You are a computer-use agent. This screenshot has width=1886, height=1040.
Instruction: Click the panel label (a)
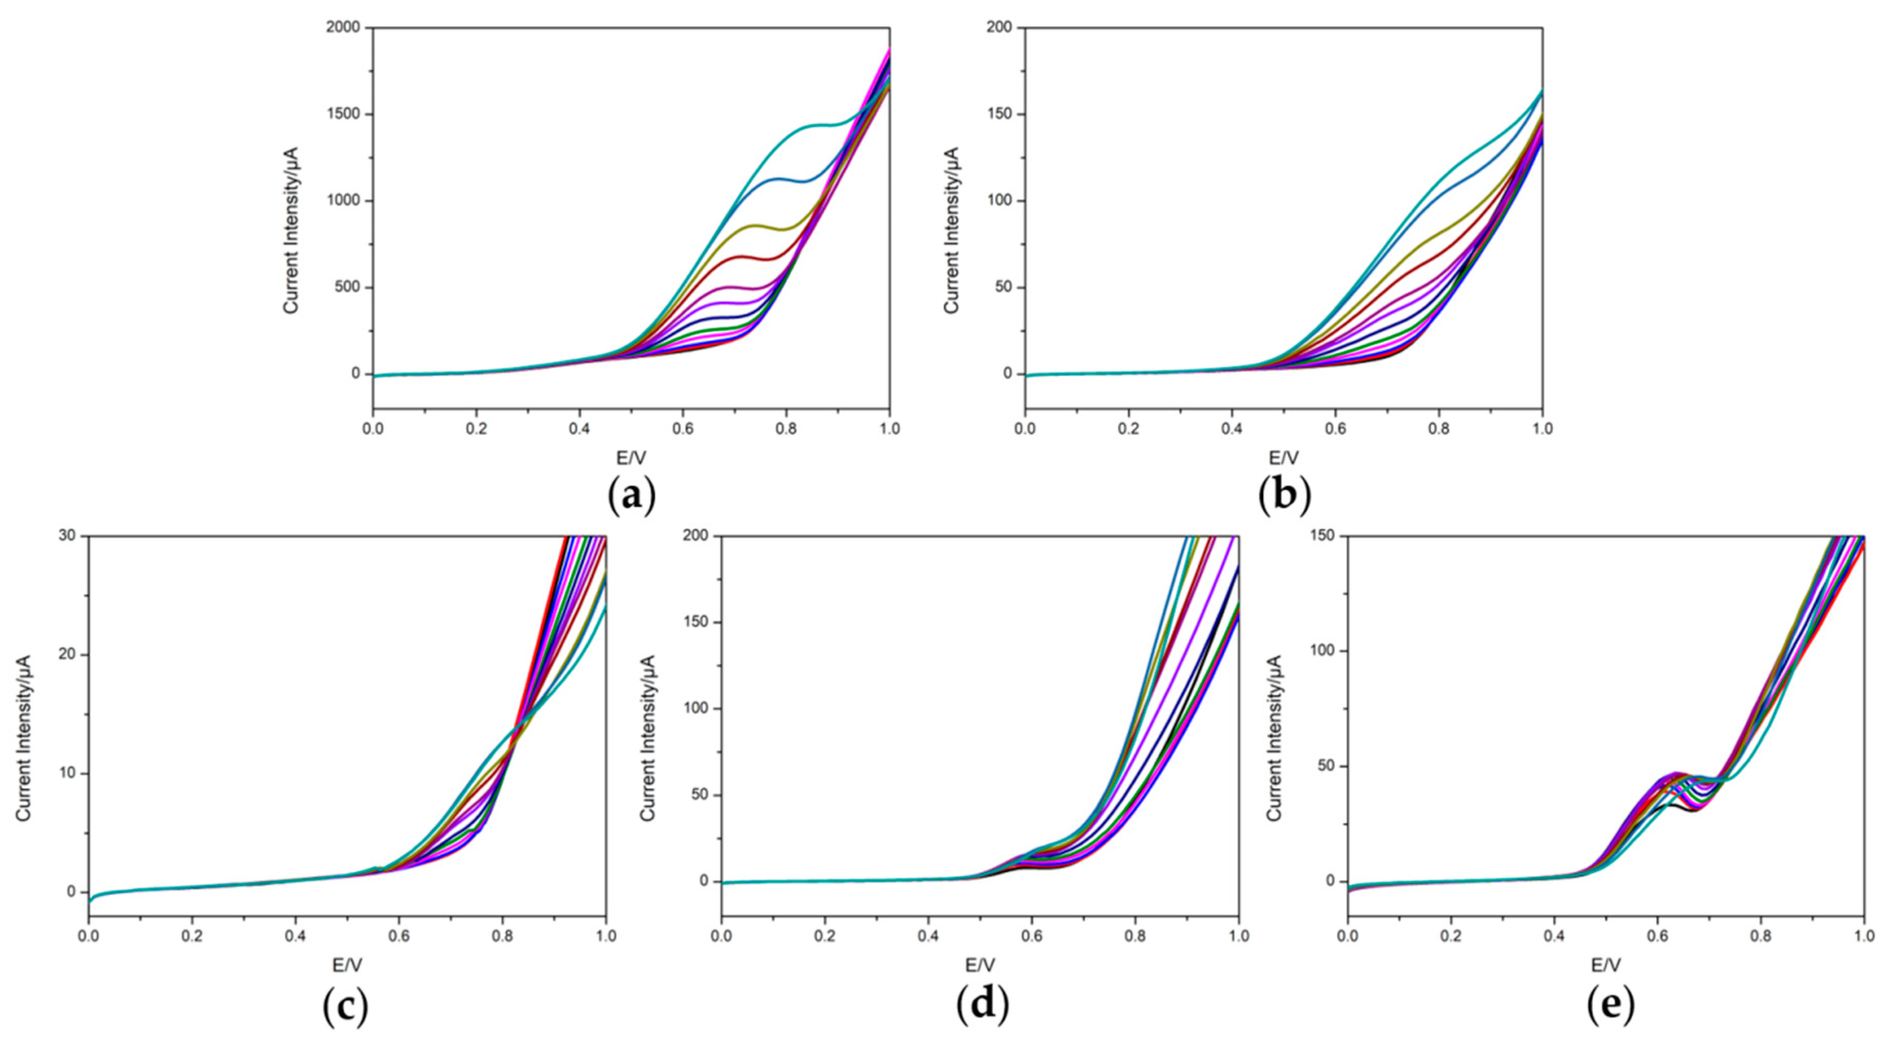(x=632, y=496)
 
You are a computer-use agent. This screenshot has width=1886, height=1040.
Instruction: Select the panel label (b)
(x=1284, y=496)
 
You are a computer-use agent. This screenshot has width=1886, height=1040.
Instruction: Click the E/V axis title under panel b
(x=1283, y=459)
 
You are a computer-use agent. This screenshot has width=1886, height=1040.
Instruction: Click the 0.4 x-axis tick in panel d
(x=928, y=936)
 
